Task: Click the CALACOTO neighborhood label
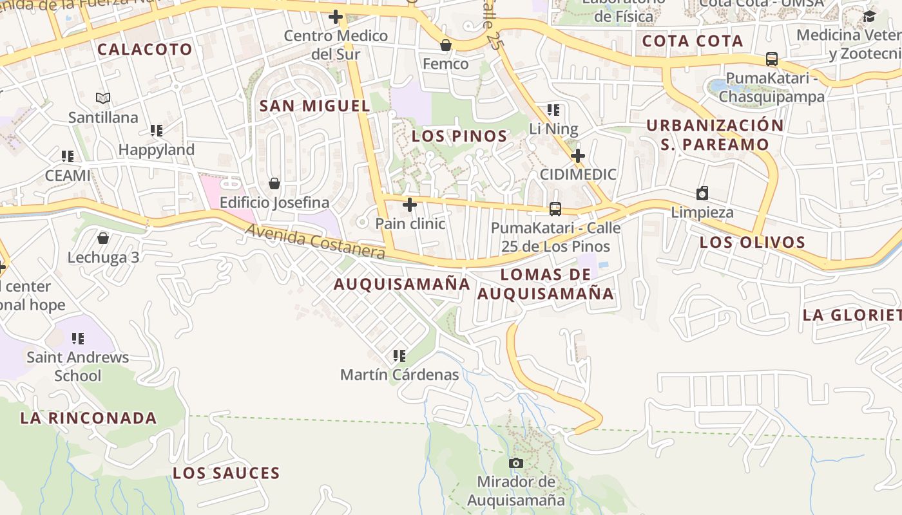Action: click(145, 50)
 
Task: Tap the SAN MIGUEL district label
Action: click(314, 106)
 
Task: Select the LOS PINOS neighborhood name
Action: click(459, 136)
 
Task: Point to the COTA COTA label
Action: click(693, 41)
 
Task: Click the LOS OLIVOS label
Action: click(753, 243)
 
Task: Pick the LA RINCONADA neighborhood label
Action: click(88, 418)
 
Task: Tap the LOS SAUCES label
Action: click(226, 474)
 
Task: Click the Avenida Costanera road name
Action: click(315, 241)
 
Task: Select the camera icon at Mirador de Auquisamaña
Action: click(515, 463)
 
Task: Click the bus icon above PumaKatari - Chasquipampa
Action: click(771, 59)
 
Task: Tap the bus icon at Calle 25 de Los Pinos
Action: click(555, 209)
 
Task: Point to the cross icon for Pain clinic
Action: click(409, 205)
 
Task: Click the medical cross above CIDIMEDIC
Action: click(578, 156)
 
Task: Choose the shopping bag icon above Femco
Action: click(445, 45)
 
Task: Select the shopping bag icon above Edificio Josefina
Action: click(274, 184)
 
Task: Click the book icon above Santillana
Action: click(103, 98)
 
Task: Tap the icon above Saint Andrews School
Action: click(78, 338)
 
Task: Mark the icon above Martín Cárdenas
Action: click(399, 355)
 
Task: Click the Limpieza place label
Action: click(702, 212)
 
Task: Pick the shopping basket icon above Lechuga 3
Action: click(103, 239)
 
